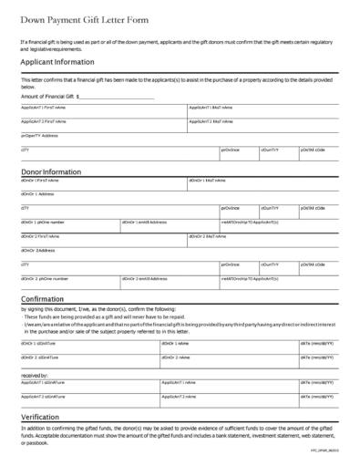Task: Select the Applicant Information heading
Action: point(62,62)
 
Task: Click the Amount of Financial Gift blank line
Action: point(118,95)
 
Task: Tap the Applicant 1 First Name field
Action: point(102,110)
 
